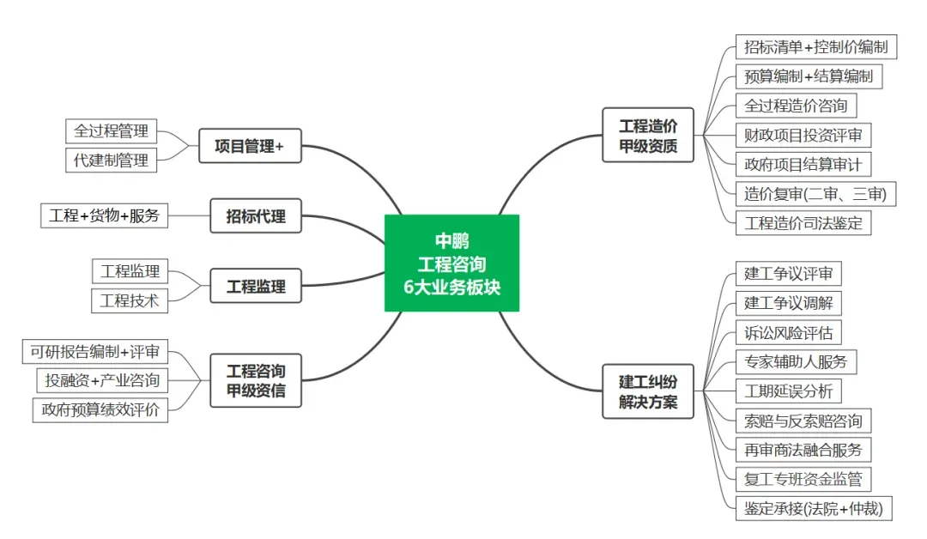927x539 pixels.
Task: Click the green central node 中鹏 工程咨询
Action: click(451, 263)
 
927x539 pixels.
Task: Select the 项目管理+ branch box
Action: click(250, 146)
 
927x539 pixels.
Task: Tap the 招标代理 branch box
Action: click(256, 216)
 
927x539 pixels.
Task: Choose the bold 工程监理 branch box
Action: click(256, 286)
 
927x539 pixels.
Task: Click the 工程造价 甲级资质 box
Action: click(648, 136)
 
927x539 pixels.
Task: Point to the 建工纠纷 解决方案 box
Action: click(648, 391)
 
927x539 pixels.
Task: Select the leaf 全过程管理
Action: click(112, 131)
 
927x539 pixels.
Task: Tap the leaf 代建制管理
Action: click(112, 160)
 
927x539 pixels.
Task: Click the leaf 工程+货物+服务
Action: click(105, 215)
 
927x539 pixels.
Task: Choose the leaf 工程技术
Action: click(130, 300)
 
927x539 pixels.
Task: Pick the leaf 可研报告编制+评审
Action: click(95, 351)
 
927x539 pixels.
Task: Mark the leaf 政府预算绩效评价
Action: click(100, 409)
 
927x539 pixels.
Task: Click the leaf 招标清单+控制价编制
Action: click(815, 46)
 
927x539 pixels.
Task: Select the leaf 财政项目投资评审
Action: click(803, 135)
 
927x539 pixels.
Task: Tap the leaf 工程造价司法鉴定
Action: click(803, 223)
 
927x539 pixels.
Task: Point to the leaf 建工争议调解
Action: click(788, 303)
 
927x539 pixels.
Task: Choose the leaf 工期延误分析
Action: click(788, 391)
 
